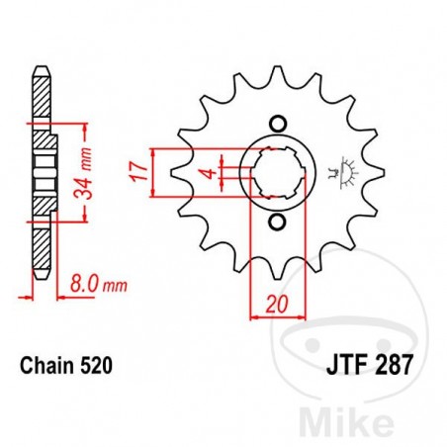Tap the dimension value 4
coord(206,174)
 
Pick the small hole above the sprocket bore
coord(277,124)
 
